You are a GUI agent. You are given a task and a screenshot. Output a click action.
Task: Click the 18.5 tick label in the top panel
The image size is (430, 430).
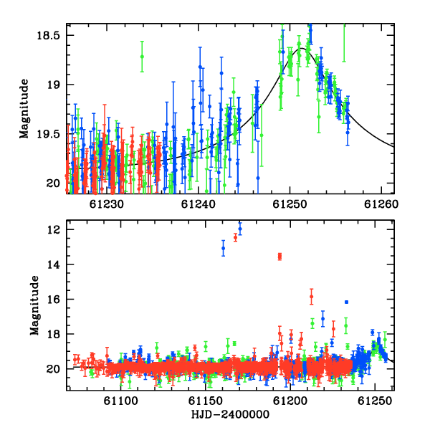48,35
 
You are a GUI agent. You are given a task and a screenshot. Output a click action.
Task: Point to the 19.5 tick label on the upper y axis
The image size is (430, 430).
48,134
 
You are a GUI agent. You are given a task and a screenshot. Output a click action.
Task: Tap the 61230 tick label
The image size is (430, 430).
107,204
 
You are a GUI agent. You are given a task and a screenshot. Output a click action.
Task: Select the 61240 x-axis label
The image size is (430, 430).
199,204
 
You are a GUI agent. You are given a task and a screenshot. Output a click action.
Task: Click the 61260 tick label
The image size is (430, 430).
381,204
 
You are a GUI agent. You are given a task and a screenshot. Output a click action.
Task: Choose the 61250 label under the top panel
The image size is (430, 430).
290,204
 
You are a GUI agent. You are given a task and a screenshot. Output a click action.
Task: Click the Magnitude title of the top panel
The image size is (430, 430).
24,109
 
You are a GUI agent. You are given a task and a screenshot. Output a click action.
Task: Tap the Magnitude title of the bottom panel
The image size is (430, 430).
34,305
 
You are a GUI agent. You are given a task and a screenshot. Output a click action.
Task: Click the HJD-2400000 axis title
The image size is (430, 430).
230,414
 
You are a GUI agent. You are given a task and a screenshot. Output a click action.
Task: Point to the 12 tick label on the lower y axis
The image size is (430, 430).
53,229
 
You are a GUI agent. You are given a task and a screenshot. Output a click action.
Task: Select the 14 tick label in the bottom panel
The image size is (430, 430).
53,264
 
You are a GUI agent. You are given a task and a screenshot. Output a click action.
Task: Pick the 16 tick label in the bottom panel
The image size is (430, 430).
53,299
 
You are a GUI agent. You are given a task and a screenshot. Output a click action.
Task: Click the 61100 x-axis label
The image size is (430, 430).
120,401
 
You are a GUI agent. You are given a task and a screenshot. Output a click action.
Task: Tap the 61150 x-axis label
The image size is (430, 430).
206,401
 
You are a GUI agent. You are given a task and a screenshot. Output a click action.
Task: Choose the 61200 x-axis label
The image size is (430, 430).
290,401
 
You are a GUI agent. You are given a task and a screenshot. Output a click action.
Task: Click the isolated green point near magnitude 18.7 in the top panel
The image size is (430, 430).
142,57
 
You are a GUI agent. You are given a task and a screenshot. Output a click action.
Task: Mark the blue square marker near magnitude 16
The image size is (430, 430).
347,302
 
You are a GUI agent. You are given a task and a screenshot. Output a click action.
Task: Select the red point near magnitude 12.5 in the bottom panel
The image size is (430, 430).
235,237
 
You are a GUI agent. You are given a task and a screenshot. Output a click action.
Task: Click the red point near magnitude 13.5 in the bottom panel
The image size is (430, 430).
279,257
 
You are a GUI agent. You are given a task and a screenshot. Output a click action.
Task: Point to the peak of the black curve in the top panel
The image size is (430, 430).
302,48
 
